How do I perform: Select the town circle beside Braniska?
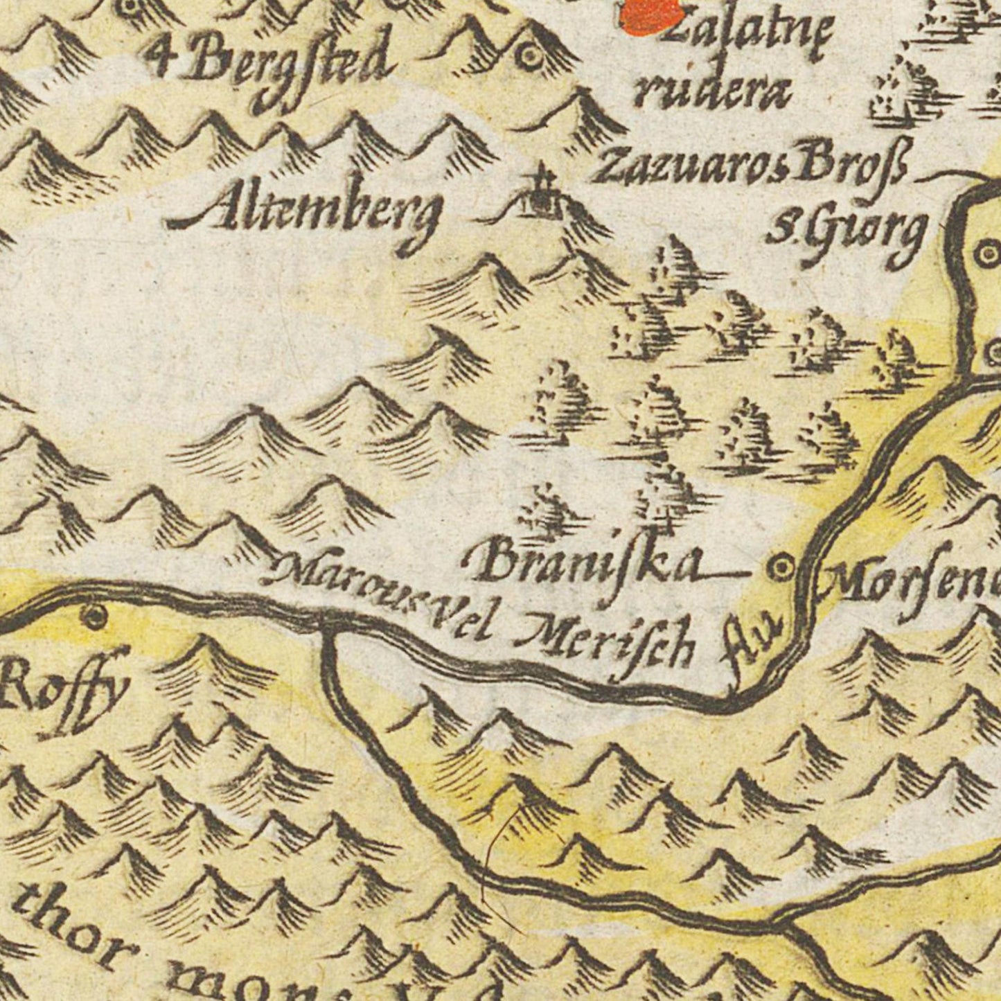781,569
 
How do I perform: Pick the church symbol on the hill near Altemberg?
540,193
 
